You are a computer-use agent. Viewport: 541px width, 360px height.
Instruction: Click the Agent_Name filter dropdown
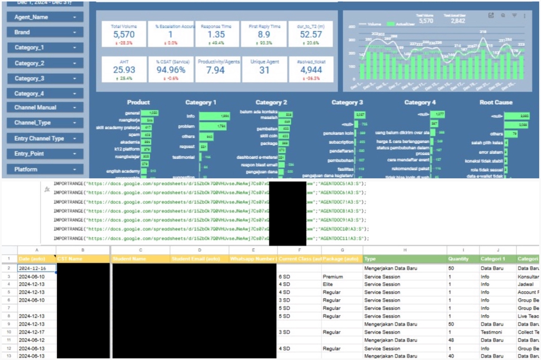(x=45, y=17)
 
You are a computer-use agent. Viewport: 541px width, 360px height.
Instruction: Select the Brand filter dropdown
(x=45, y=33)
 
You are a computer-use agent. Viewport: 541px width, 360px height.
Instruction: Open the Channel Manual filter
(x=45, y=107)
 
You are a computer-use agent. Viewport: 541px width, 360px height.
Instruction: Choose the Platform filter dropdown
(x=45, y=169)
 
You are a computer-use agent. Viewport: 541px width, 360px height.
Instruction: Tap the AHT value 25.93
(x=124, y=69)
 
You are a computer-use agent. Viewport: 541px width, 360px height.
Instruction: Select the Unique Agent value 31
(x=264, y=70)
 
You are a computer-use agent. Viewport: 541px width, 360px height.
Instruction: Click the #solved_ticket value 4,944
(x=310, y=70)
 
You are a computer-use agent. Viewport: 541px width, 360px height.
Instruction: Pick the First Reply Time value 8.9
(x=264, y=35)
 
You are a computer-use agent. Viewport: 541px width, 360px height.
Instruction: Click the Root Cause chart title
(x=495, y=103)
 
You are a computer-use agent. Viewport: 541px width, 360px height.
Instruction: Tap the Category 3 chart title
(x=347, y=103)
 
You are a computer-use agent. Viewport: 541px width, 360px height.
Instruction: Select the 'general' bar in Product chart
(x=153, y=113)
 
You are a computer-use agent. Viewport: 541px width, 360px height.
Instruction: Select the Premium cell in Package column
(x=333, y=277)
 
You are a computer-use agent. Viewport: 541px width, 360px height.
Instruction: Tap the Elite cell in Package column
(x=329, y=285)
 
